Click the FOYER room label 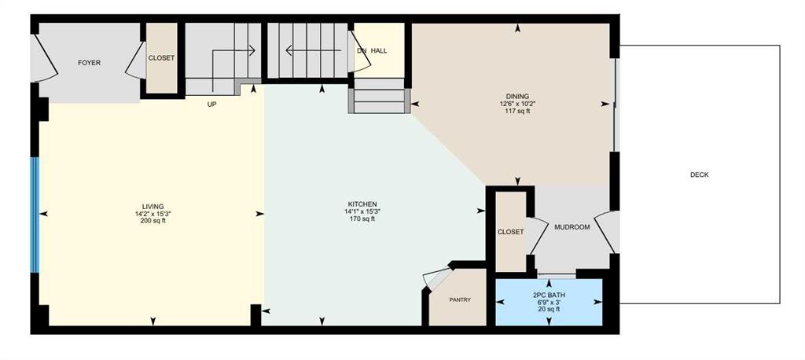tap(89, 63)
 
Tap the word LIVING tap(153, 207)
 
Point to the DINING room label tap(517, 96)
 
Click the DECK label tap(699, 174)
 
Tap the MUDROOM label tap(572, 227)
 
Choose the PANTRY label tap(460, 300)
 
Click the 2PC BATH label tap(549, 296)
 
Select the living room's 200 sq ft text tap(153, 221)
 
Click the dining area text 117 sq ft tap(517, 110)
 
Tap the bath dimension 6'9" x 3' tap(549, 303)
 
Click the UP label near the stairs tap(211, 105)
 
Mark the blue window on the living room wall tap(35, 215)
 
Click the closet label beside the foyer tap(161, 58)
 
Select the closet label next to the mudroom tap(511, 232)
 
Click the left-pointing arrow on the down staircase tap(314, 50)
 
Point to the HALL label tap(380, 51)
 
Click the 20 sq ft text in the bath tap(549, 310)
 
